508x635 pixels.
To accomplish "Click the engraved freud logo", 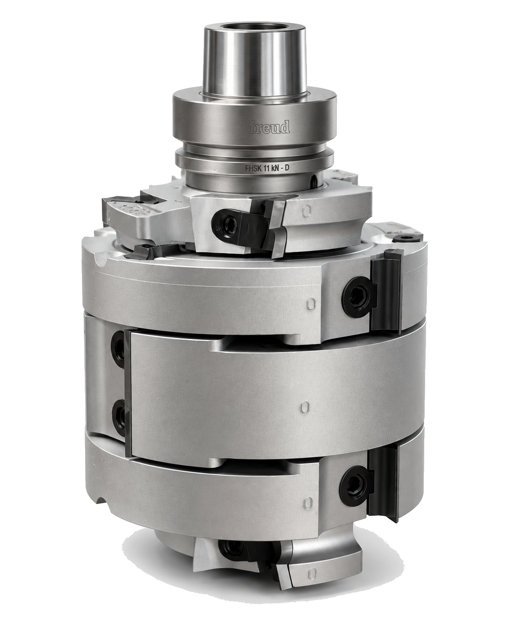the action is click(269, 127).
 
